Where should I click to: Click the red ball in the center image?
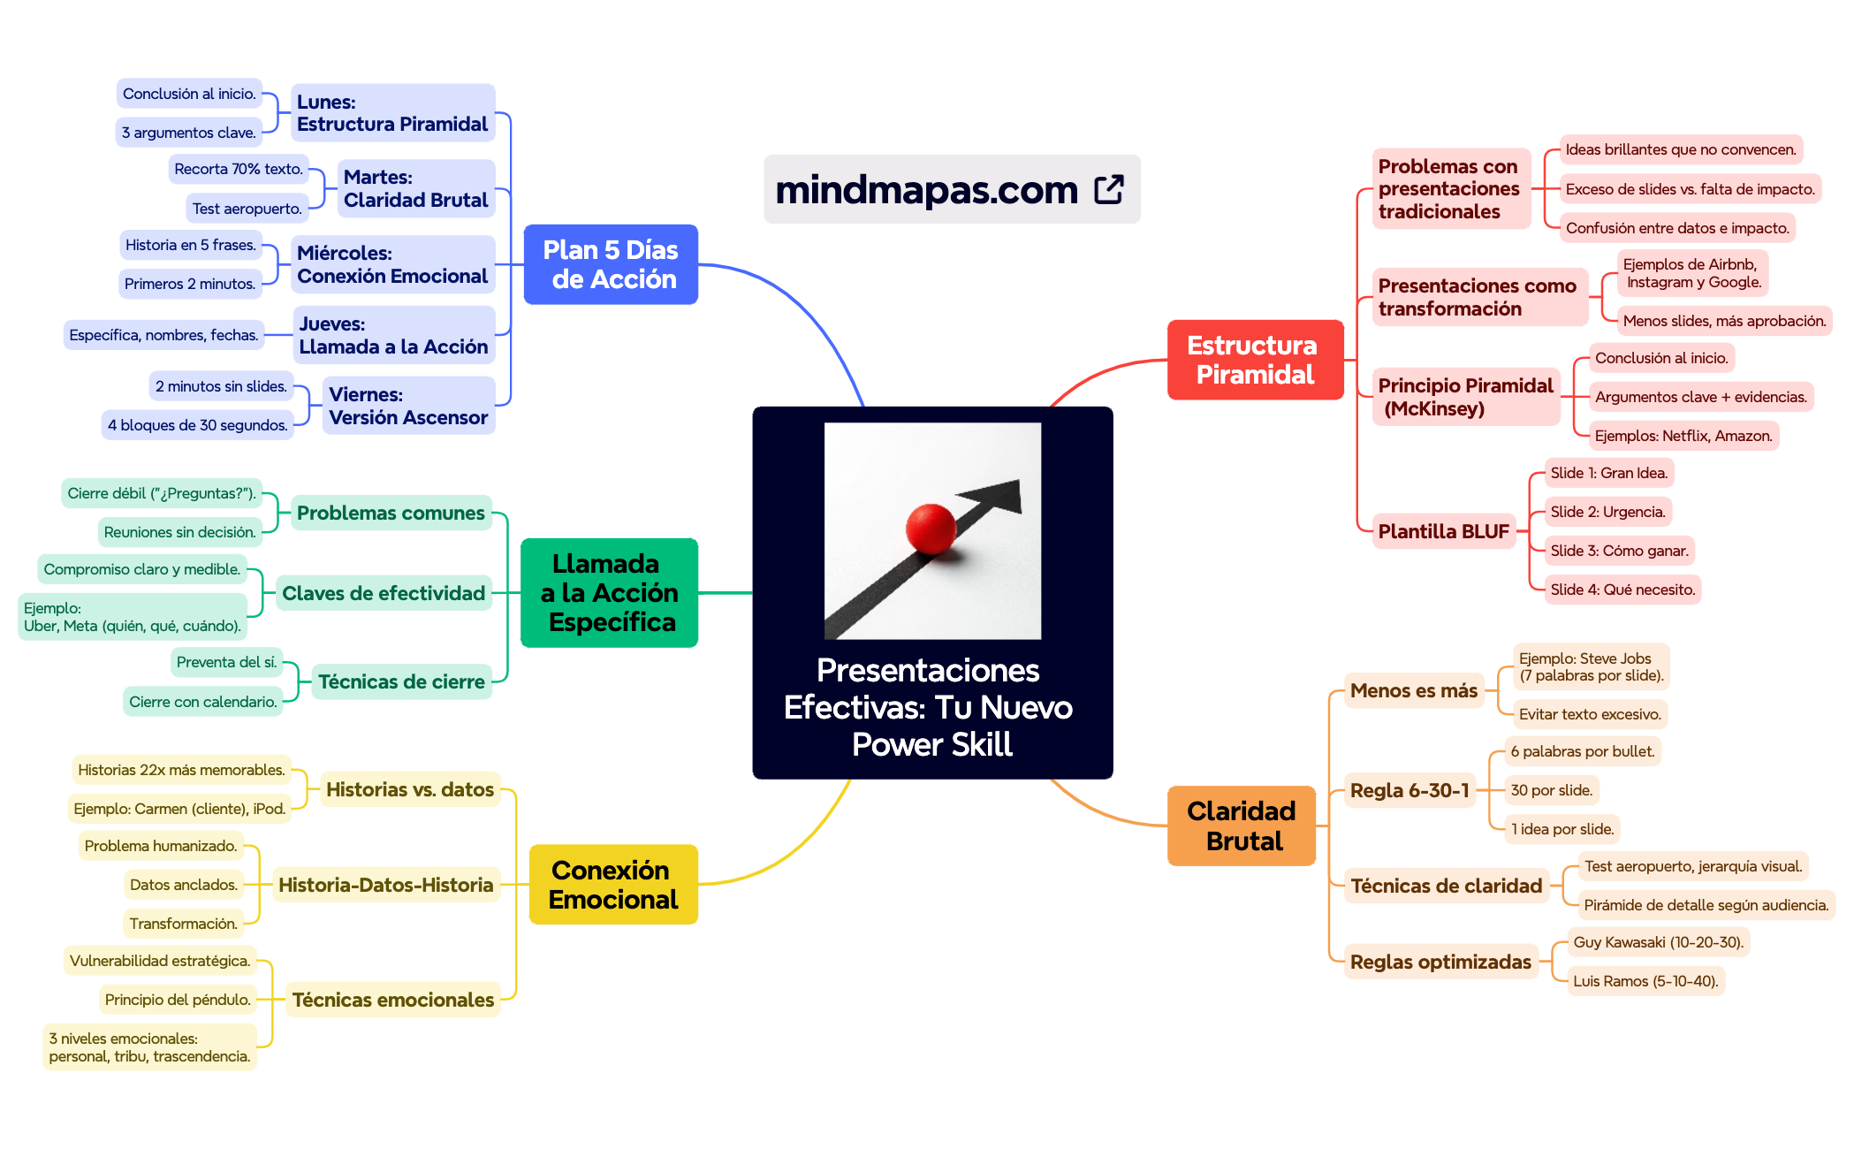point(931,529)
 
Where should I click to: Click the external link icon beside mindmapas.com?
point(1108,189)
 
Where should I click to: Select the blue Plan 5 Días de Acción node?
point(611,264)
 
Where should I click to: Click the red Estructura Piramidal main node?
point(1254,360)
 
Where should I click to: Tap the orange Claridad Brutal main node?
point(1241,826)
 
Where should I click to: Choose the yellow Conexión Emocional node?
point(612,884)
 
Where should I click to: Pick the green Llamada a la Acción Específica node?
point(609,592)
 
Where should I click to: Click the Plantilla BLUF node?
point(1443,531)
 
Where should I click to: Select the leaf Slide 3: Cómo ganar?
point(1618,551)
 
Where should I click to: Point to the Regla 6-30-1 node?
point(1409,790)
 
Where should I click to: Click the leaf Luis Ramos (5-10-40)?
point(1645,981)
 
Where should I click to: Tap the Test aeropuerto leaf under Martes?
point(247,209)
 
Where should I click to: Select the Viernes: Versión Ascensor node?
point(407,406)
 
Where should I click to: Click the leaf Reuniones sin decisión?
point(179,532)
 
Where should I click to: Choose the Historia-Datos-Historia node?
point(385,885)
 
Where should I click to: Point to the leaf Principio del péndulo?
point(178,1000)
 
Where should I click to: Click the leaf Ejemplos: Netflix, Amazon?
point(1683,436)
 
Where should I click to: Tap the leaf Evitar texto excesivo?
point(1589,714)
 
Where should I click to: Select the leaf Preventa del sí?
point(226,662)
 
